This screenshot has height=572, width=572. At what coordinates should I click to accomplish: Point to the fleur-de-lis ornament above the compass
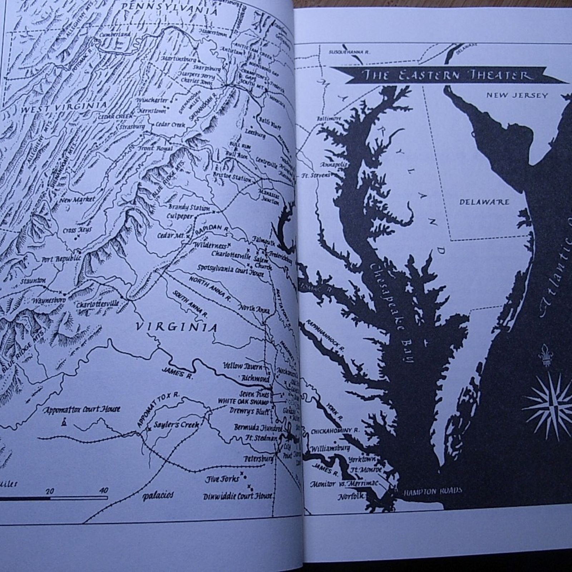click(x=546, y=355)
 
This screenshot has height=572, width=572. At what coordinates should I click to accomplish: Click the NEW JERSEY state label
click(x=517, y=95)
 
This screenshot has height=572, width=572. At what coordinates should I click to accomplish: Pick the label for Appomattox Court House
click(x=82, y=409)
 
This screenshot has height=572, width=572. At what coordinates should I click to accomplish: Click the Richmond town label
click(x=255, y=378)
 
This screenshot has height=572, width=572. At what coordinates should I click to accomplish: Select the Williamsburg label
click(x=330, y=448)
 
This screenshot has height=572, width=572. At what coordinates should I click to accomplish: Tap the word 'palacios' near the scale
click(x=158, y=495)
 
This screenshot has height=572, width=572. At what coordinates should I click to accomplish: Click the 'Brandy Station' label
click(x=189, y=208)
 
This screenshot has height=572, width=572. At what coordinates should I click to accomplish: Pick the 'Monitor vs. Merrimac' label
click(x=344, y=484)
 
